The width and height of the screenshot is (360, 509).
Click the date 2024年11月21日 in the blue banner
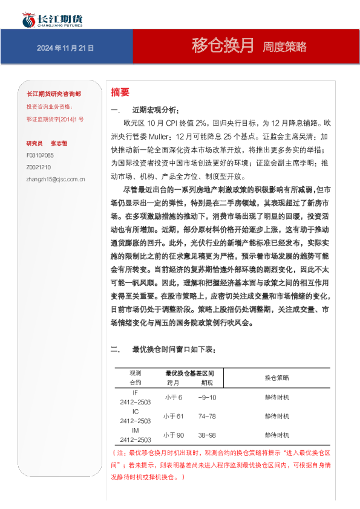[x=65, y=48]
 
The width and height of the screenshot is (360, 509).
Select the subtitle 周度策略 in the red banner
[x=284, y=47]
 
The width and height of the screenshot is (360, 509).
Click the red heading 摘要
[x=120, y=92]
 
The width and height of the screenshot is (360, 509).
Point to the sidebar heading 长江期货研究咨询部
[x=54, y=95]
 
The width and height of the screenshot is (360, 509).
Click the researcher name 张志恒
[x=59, y=143]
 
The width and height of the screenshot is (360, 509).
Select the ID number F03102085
[x=40, y=155]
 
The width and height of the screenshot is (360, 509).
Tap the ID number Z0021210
[x=39, y=167]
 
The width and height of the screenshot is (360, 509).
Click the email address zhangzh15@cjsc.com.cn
[x=56, y=179]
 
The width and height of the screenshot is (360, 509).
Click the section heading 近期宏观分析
[x=155, y=110]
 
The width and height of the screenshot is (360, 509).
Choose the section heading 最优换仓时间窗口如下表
[x=172, y=350]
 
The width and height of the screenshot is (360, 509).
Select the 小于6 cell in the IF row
[x=173, y=397]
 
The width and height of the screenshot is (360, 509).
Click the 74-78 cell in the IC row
[x=206, y=417]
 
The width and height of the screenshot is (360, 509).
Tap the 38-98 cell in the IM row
[x=206, y=435]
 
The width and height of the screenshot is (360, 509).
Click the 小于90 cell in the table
[x=173, y=435]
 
